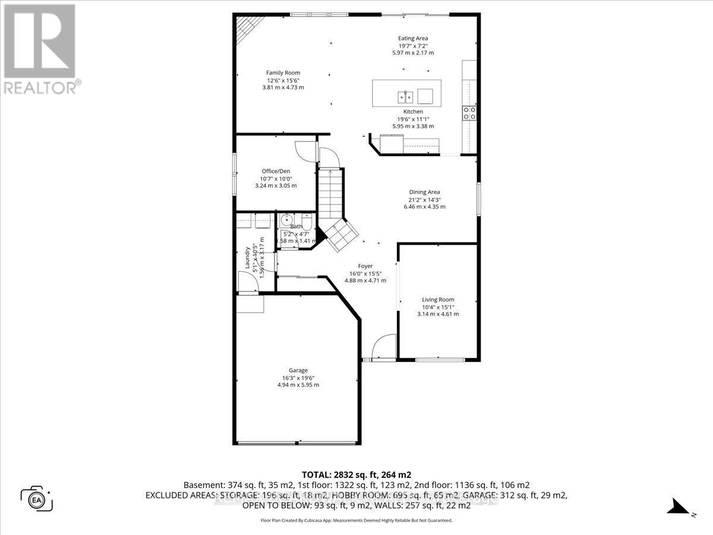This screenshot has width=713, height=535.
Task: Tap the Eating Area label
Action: coord(413,39)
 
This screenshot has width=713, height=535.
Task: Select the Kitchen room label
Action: coord(413,112)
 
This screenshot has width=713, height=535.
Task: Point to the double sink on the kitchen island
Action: coord(406,96)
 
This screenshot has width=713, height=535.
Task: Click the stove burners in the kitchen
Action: coord(469,112)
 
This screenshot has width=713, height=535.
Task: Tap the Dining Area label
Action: coord(424,192)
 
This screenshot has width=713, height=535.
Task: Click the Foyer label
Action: coord(365,266)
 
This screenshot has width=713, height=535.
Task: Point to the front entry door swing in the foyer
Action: coord(385,346)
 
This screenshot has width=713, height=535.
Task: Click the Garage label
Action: coord(298,370)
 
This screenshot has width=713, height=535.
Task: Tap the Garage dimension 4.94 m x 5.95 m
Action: coord(298,385)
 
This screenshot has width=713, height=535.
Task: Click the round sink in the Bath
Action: coord(285,218)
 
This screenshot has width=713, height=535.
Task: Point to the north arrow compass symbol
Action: coord(678,506)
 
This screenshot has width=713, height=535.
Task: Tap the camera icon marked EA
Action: coord(37,498)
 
